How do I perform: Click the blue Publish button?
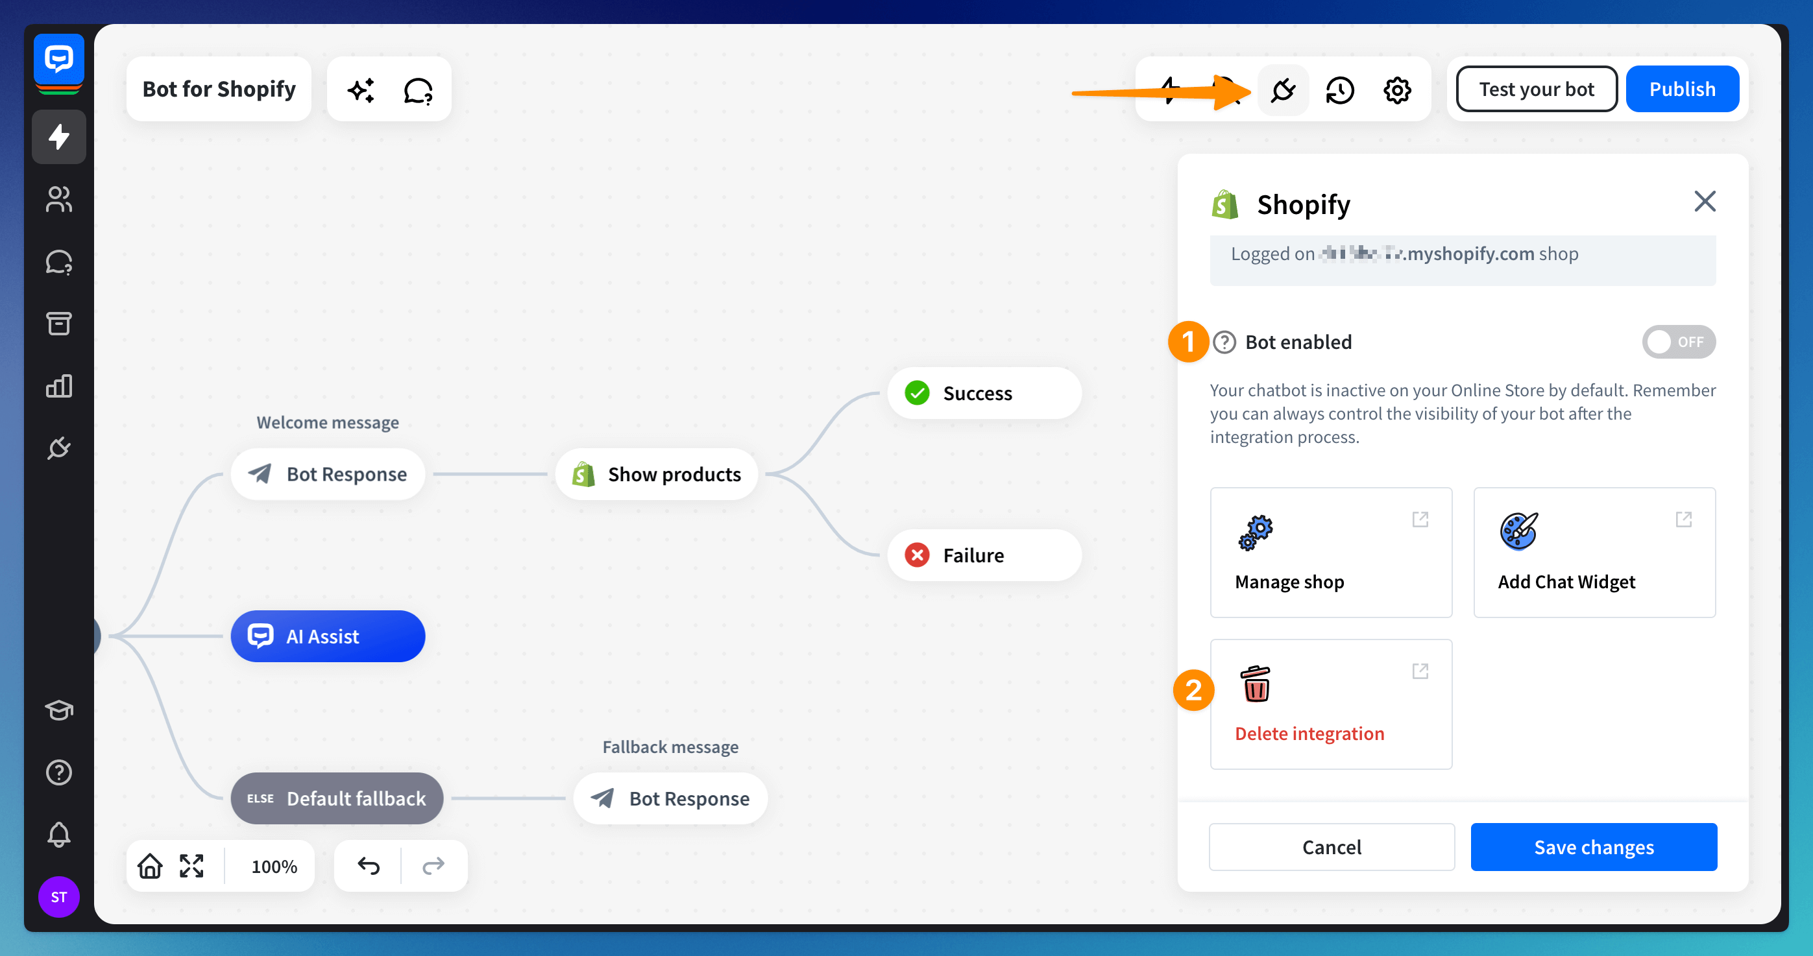coord(1681,90)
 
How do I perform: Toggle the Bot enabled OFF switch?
coord(1678,342)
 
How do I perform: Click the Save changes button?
coord(1593,846)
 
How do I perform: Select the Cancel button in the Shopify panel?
coord(1331,846)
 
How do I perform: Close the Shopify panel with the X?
coord(1704,202)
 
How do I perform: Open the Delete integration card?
coord(1330,704)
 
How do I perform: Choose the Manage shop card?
coord(1330,552)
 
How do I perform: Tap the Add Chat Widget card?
coord(1594,552)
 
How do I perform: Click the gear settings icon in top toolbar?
coord(1396,90)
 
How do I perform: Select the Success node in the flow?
coord(983,393)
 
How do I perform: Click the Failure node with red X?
coord(983,555)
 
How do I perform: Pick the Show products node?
coord(656,474)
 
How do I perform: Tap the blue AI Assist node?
coord(327,636)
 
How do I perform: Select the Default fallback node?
coord(336,798)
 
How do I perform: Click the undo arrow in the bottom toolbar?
coord(368,865)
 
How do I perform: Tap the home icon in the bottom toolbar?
coord(149,865)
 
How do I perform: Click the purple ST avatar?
coord(58,896)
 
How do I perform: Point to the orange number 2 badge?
coord(1193,691)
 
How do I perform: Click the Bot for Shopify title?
coord(219,90)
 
